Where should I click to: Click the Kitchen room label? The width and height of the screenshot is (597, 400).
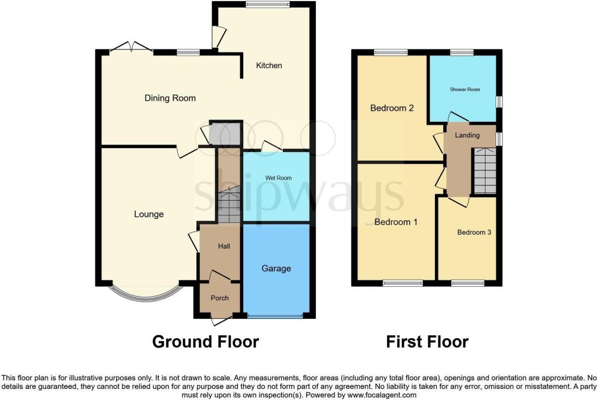[x=269, y=65]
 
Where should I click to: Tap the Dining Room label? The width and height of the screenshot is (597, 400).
[x=170, y=99]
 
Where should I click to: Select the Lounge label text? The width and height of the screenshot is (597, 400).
[x=149, y=215]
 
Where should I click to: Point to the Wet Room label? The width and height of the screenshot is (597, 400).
[x=278, y=178]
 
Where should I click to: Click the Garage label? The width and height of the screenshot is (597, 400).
[x=276, y=269]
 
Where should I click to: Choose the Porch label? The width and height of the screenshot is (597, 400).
[x=220, y=298]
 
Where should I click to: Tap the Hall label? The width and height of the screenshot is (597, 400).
[x=224, y=247]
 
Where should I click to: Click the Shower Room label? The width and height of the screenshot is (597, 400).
[x=465, y=90]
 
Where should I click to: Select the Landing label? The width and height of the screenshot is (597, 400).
[x=467, y=135]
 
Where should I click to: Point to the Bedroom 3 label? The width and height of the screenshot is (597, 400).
[x=474, y=233]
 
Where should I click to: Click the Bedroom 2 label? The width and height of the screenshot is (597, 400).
[x=392, y=108]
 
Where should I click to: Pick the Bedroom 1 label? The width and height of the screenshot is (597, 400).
[x=396, y=222]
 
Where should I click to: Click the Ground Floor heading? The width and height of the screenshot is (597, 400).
[x=206, y=342]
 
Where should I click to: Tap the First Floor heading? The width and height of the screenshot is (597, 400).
[x=427, y=342]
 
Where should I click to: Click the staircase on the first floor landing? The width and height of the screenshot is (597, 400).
[x=484, y=171]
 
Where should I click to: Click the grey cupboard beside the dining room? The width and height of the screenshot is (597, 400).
[x=225, y=134]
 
